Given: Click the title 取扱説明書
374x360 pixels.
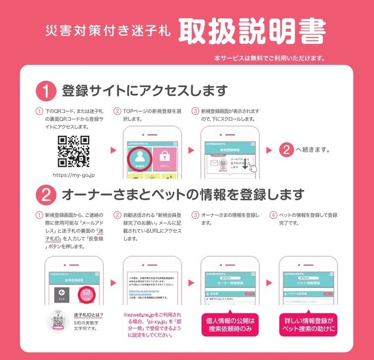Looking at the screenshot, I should [x=252, y=33].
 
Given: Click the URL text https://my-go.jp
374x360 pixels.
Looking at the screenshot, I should [x=74, y=174].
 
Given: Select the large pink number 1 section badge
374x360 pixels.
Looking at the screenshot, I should [x=46, y=90].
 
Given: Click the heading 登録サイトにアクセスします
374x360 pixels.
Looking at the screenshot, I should [x=144, y=90].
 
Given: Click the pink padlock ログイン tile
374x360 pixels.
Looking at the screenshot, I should [x=165, y=158].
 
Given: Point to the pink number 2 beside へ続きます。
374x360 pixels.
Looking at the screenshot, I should [x=287, y=150].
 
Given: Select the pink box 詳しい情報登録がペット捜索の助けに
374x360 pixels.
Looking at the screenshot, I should [x=309, y=325].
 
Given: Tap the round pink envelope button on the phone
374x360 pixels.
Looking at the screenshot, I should [x=87, y=295].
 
